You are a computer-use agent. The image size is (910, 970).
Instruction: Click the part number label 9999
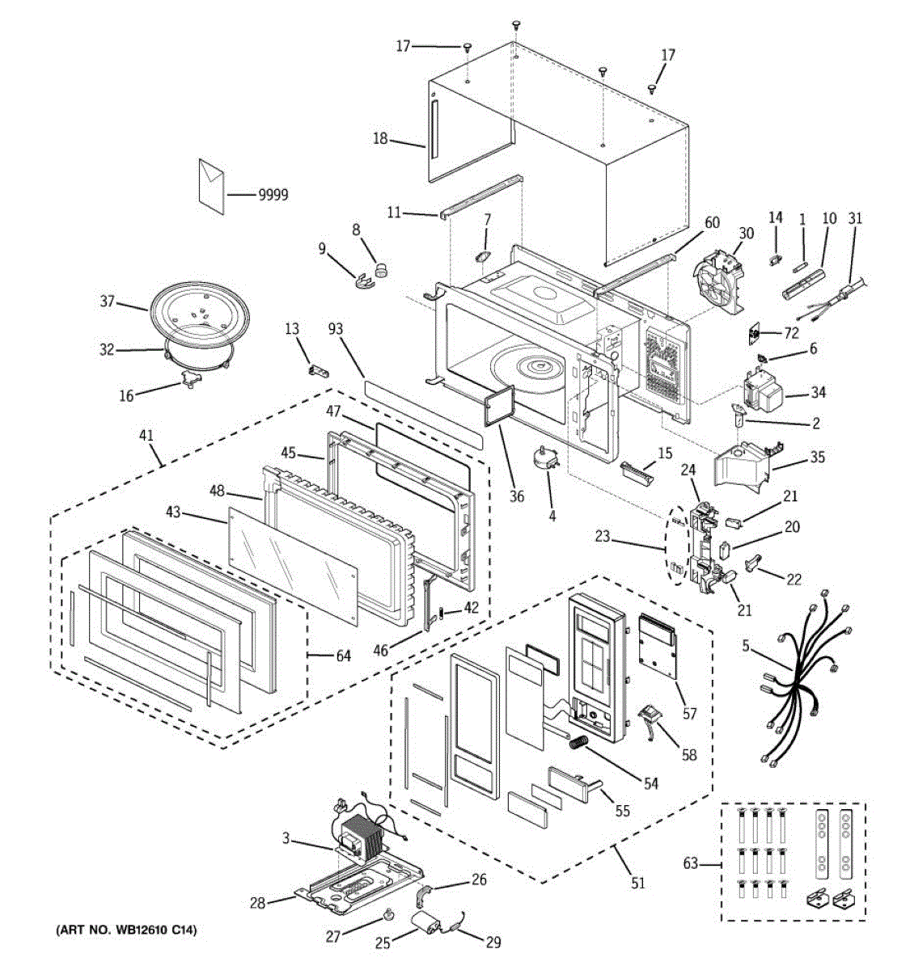[273, 195]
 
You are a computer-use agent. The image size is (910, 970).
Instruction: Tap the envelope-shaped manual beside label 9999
[211, 186]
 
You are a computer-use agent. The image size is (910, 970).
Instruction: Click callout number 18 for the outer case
[380, 139]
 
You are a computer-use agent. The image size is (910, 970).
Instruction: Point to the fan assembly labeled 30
[719, 280]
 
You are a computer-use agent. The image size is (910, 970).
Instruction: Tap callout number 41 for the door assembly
[146, 435]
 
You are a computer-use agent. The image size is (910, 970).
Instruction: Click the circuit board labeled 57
[658, 647]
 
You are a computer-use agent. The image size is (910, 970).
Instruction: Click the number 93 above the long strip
[336, 329]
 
